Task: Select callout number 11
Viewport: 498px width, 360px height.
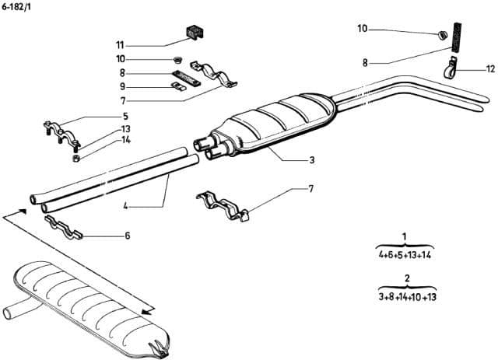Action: (119, 44)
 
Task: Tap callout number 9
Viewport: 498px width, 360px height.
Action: (122, 86)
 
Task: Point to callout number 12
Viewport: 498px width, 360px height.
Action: (490, 69)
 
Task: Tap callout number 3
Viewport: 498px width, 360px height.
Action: (311, 161)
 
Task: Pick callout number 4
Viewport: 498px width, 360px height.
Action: (124, 207)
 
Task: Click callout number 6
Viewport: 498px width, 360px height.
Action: (127, 235)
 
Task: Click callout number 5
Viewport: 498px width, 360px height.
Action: (125, 116)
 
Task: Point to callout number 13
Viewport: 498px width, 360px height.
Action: (125, 128)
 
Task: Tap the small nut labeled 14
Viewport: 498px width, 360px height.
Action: (76, 159)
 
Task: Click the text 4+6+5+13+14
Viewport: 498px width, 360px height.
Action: (405, 254)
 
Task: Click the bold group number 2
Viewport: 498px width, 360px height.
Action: (406, 278)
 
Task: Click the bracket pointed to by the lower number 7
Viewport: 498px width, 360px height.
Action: (223, 204)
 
